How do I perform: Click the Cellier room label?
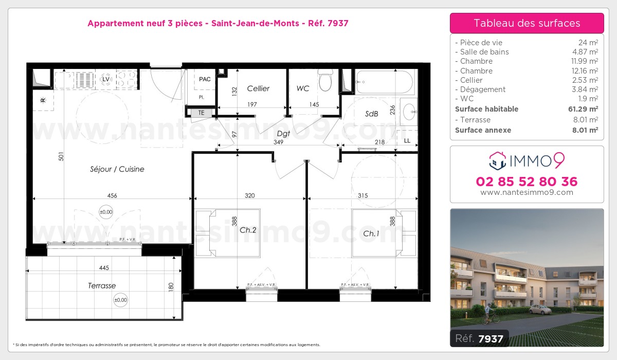[258, 88]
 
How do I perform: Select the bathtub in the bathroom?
[385, 82]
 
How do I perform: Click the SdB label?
[372, 114]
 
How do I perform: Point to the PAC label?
[205, 79]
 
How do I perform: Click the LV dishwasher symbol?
[106, 79]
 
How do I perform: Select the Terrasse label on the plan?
[102, 285]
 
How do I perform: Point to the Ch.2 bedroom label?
[248, 230]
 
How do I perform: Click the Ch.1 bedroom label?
[371, 233]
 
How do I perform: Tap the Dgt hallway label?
[283, 133]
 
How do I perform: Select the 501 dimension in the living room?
[61, 156]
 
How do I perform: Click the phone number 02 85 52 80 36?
[527, 182]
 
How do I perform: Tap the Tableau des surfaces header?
[527, 23]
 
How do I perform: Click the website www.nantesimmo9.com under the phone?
[527, 192]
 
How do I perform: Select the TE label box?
[202, 113]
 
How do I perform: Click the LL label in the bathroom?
[407, 140]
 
